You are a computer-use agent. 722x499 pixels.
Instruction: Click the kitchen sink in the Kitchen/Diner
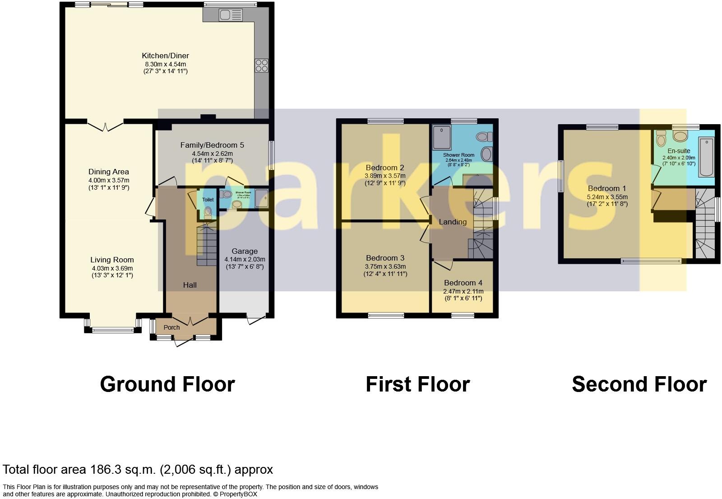pyautogui.click(x=231, y=15)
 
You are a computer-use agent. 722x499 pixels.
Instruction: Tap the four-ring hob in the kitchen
pyautogui.click(x=261, y=66)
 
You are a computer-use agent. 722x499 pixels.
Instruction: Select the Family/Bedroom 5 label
pyautogui.click(x=212, y=145)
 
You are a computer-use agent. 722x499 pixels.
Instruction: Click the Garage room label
pyautogui.click(x=245, y=251)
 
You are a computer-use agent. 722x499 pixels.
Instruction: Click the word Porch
pyautogui.click(x=171, y=327)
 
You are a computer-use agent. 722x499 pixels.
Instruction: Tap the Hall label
pyautogui.click(x=190, y=285)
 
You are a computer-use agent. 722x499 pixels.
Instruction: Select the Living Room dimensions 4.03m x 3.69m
pyautogui.click(x=112, y=268)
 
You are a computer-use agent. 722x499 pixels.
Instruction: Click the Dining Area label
pyautogui.click(x=109, y=172)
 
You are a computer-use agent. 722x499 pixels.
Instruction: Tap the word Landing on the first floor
pyautogui.click(x=453, y=222)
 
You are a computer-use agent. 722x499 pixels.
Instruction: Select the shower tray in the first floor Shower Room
pyautogui.click(x=441, y=136)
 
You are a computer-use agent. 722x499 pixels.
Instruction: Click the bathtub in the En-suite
pyautogui.click(x=706, y=157)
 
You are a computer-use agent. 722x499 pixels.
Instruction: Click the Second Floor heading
pyautogui.click(x=639, y=384)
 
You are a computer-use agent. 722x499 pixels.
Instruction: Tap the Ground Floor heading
pyautogui.click(x=167, y=384)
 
